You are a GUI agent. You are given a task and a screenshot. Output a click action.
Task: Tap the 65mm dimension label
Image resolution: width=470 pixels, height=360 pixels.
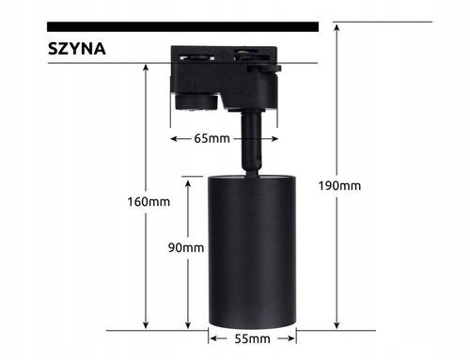[x=213, y=139]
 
